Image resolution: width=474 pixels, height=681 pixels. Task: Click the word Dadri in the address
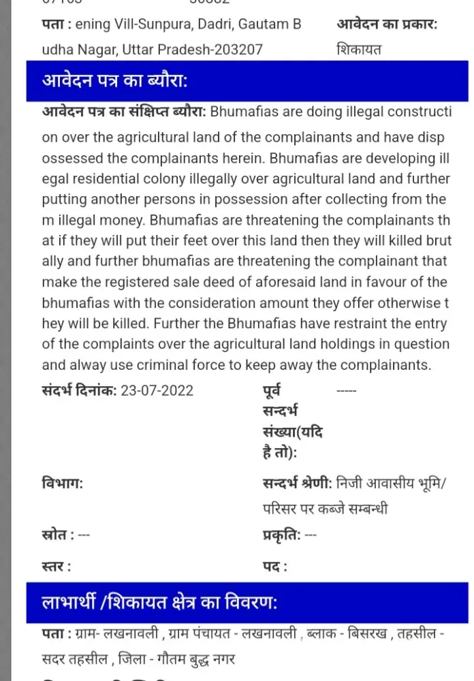[216, 25]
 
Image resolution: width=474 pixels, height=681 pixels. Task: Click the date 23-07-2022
[157, 390]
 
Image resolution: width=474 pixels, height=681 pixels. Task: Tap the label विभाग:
[62, 484]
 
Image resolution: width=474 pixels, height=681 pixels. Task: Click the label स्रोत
[58, 535]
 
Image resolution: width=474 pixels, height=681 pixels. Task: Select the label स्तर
[56, 566]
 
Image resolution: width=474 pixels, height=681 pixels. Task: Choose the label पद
[274, 566]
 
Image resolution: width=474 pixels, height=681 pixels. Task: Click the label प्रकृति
[281, 535]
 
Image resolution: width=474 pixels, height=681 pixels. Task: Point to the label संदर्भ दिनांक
[79, 390]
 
